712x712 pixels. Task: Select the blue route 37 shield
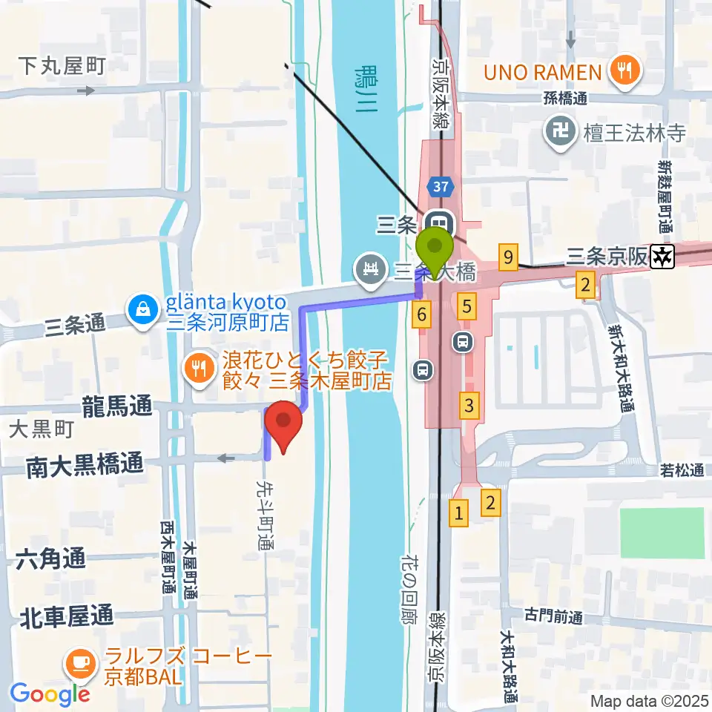440,185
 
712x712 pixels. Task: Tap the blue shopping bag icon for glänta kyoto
140,309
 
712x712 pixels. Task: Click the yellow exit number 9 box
507,258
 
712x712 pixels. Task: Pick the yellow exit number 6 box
421,315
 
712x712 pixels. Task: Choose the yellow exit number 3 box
469,406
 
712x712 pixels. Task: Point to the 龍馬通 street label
119,406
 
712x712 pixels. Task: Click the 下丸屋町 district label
62,66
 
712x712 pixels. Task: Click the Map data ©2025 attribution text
649,700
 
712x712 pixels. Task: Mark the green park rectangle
662,533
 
